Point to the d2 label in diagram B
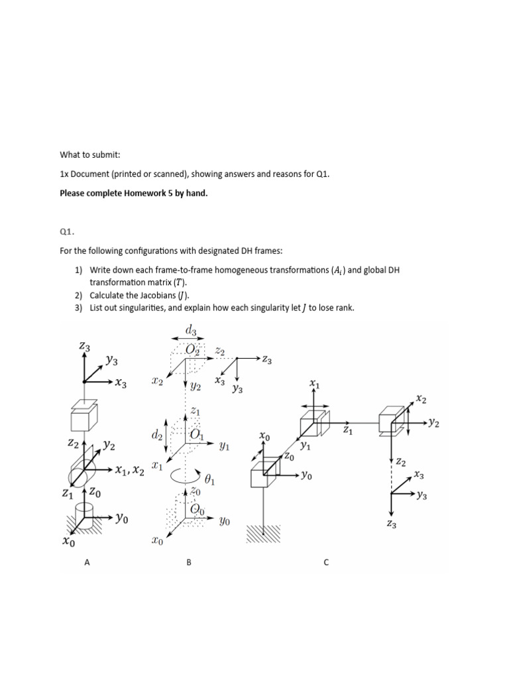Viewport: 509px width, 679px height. click(157, 436)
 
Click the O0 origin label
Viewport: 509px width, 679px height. click(197, 509)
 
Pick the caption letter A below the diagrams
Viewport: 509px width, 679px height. click(86, 562)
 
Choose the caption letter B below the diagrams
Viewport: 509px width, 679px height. click(189, 562)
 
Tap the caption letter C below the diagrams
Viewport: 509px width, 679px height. click(325, 562)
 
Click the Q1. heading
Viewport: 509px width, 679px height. click(68, 232)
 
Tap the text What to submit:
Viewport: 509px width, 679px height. click(90, 154)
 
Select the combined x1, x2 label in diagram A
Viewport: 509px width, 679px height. click(129, 470)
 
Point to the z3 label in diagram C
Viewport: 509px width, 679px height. click(391, 524)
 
